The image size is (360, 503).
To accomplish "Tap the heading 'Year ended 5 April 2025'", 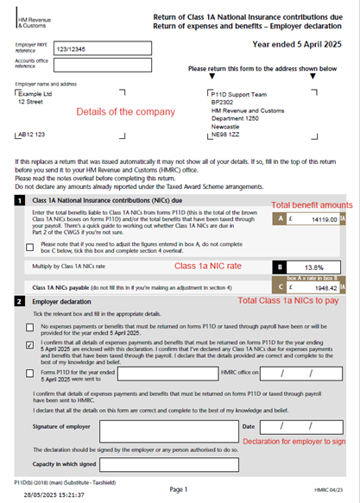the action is [297, 43].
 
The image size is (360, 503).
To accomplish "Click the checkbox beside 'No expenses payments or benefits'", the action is [30, 329].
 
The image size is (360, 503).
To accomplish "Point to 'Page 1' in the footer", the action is [179, 489].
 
